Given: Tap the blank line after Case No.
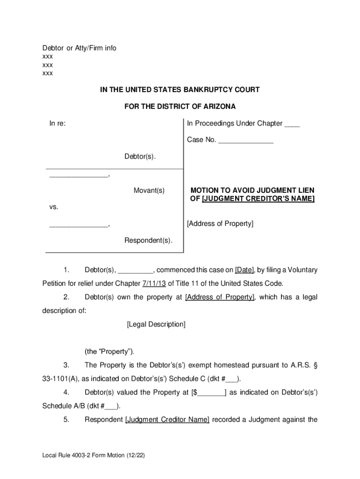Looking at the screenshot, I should tap(245, 140).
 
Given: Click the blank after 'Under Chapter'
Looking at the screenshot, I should tap(292, 124).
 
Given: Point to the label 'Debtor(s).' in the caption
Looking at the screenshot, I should tap(140, 156).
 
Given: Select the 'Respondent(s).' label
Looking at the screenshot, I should tap(148, 241).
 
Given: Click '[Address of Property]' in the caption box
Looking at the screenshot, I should tap(220, 224).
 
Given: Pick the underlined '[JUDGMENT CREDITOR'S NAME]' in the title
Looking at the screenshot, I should tap(258, 199).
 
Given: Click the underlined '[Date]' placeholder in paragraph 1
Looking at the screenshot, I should tap(245, 270).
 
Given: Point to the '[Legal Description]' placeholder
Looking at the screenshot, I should tap(156, 324).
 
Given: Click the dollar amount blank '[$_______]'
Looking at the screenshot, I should tap(209, 392).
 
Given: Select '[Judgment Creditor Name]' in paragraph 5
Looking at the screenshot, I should tap(167, 420).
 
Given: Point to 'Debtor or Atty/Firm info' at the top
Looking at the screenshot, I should tap(79, 48).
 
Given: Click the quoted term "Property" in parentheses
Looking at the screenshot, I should tap(114, 352).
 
